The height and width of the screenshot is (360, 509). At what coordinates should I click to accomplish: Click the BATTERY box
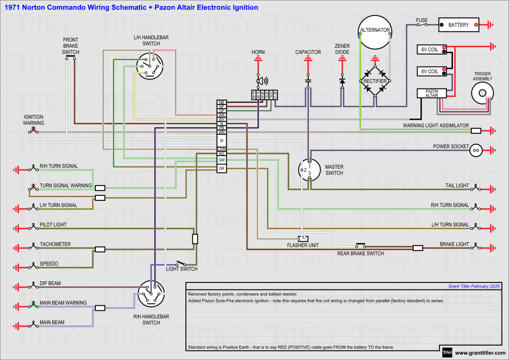point(458,25)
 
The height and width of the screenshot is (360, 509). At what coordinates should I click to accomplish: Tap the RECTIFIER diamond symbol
point(375,81)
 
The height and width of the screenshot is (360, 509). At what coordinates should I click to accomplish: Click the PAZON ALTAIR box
point(431,93)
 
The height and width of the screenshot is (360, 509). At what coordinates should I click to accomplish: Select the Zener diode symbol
point(342,80)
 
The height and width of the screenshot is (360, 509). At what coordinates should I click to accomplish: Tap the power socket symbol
point(476,150)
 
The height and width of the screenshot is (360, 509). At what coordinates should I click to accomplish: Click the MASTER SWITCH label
point(334,170)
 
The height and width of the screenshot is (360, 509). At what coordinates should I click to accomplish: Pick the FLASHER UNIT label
point(303,245)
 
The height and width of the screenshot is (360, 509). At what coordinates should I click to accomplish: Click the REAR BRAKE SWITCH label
point(360,254)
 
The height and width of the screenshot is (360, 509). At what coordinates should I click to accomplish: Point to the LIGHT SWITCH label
point(181,269)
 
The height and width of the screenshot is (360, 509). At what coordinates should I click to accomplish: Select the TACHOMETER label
point(55,244)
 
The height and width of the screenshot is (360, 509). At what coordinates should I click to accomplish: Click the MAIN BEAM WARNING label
point(63,303)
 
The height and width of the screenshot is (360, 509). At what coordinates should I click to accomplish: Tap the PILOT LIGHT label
point(53,225)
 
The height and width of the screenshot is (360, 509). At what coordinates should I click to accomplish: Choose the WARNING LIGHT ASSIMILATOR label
point(435,126)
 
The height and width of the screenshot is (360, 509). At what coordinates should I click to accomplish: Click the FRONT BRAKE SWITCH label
point(71,46)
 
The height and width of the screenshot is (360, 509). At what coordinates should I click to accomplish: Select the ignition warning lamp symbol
point(34,131)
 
